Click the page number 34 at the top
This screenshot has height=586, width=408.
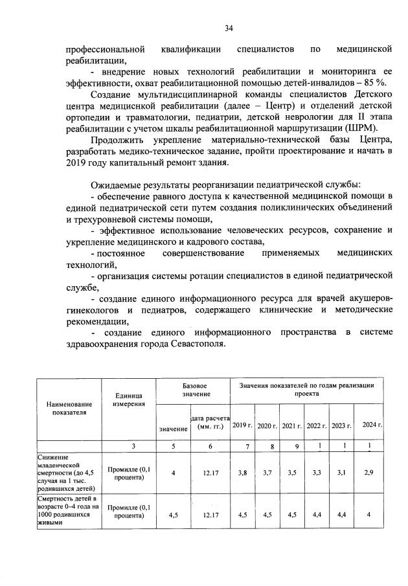point(229,28)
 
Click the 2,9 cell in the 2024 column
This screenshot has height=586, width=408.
point(368,473)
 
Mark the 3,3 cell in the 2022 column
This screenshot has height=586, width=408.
point(317,473)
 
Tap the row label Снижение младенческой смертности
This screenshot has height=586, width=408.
point(67,473)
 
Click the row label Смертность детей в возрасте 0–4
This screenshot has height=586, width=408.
point(67,511)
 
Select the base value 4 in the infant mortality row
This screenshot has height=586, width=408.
point(174,473)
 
